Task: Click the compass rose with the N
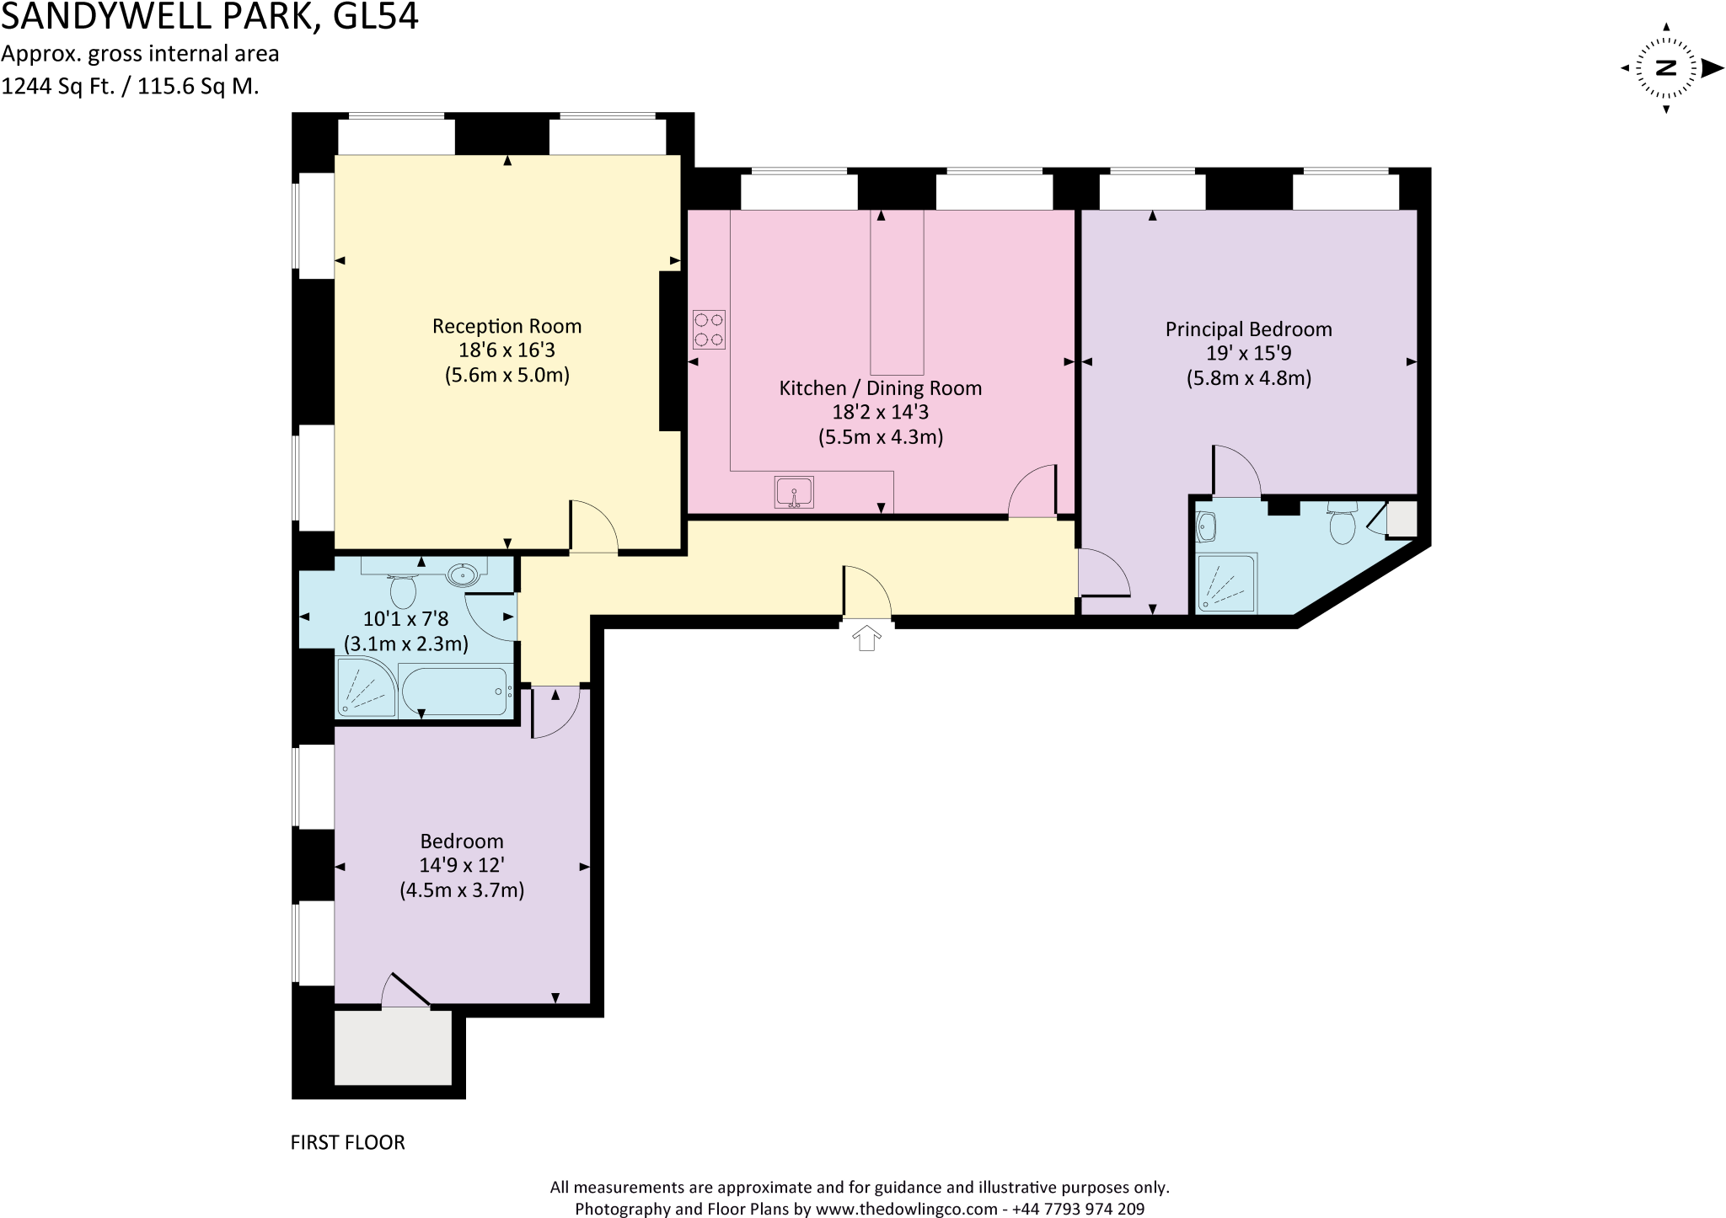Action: tap(1666, 68)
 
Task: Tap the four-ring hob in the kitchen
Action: tap(709, 329)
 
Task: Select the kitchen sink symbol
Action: tap(794, 493)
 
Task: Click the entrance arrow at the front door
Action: tap(866, 638)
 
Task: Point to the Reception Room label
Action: tap(507, 326)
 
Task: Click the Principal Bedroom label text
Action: tap(1248, 329)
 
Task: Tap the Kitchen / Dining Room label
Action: tap(880, 388)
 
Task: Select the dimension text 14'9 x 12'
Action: tap(462, 865)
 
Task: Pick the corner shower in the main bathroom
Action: tap(366, 688)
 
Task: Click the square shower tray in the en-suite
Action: tap(1227, 582)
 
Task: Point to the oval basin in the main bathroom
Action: tap(463, 575)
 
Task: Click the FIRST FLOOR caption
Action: tap(347, 1142)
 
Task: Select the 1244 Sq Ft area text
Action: tap(58, 86)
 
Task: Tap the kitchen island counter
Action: tap(897, 291)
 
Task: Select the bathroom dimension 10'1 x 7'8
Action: tap(405, 619)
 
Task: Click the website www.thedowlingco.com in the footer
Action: tap(906, 1209)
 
